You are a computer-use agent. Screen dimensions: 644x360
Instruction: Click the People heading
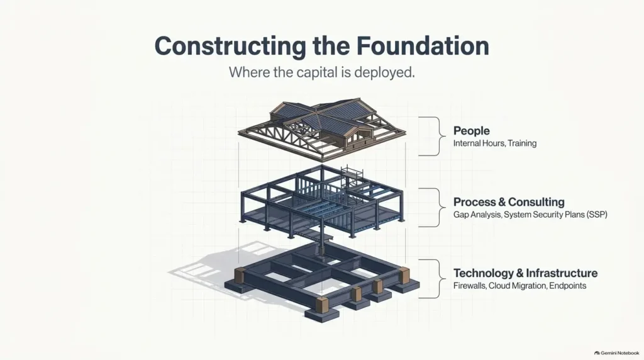click(472, 131)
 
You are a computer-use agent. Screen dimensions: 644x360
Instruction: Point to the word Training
click(522, 143)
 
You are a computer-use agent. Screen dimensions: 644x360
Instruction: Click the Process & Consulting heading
click(509, 202)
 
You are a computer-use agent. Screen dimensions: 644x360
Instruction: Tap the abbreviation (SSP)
click(597, 215)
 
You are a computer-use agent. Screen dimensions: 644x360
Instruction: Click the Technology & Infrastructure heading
click(525, 273)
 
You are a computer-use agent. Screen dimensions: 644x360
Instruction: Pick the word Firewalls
click(469, 286)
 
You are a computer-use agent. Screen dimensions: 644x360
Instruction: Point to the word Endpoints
click(568, 286)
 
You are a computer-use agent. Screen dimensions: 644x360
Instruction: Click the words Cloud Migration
click(518, 286)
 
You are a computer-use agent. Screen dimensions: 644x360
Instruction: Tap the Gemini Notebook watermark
click(617, 353)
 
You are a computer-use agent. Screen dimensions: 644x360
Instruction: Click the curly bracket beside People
click(439, 136)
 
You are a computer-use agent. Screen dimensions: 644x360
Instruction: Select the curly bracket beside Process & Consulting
click(439, 208)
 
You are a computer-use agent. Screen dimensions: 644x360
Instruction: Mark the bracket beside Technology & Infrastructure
click(439, 279)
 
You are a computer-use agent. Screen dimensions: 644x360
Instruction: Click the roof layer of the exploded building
click(321, 128)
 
